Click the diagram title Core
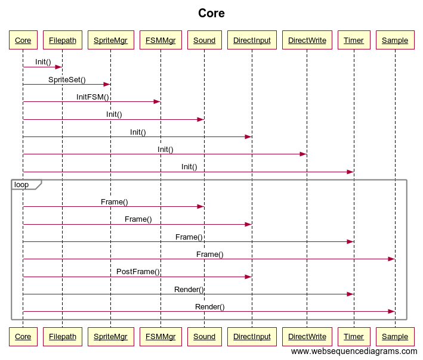211,13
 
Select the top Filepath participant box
63,40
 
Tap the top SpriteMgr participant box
111,40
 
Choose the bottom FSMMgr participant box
160,337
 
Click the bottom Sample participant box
395,337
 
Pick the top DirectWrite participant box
307,40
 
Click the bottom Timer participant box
354,337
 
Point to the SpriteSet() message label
67,80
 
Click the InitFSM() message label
92,97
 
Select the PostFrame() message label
138,272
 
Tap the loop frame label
21,185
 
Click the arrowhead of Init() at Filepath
59,67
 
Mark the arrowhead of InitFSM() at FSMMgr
158,101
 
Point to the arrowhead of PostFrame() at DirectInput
248,277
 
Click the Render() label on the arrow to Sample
210,307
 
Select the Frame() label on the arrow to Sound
115,202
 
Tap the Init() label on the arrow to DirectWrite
165,150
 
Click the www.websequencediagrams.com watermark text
354,352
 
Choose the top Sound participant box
205,40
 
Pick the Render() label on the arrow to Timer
189,290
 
